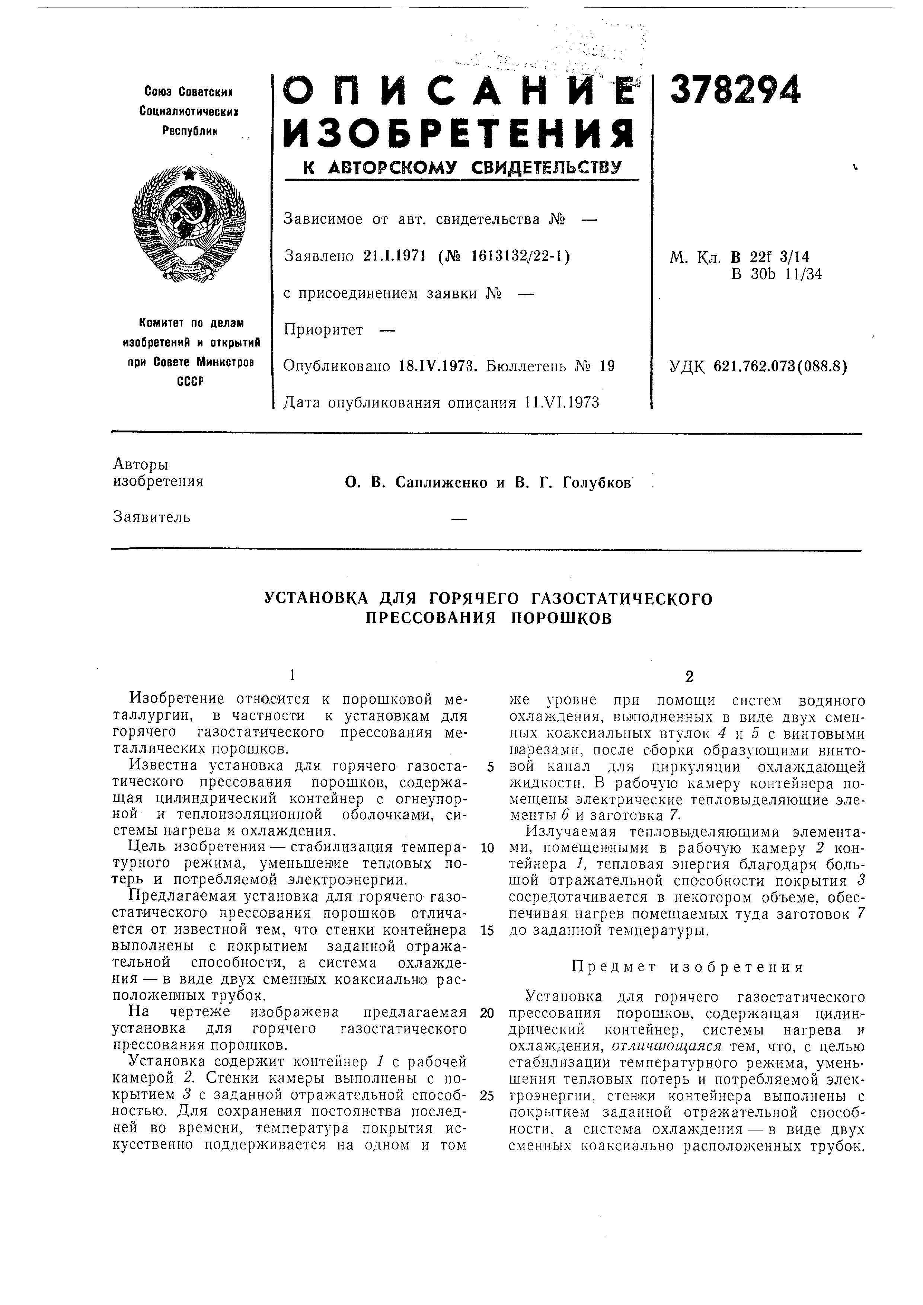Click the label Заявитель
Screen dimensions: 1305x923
point(152,517)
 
